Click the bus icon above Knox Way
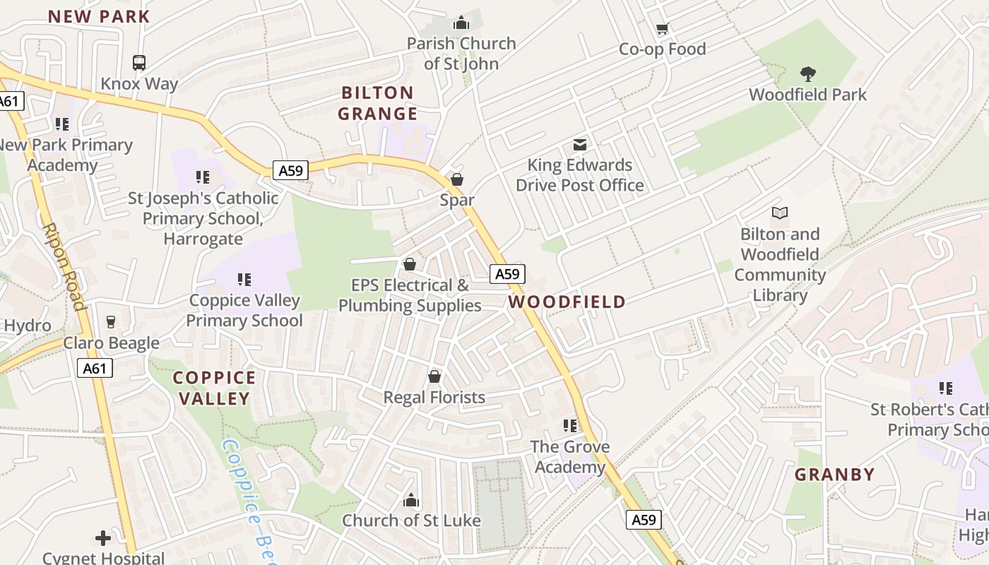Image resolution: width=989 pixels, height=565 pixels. coord(139,63)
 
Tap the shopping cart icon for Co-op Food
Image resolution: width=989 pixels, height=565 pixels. coord(662,29)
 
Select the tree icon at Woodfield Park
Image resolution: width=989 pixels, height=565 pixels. coord(807,73)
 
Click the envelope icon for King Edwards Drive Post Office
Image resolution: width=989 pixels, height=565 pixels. coord(579,145)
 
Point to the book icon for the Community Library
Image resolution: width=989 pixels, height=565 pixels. coord(780,213)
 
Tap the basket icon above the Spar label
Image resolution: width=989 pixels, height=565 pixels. coord(457,179)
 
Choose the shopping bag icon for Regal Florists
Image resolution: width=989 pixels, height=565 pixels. coord(434,376)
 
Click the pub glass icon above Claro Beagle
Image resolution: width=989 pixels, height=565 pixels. coord(111,322)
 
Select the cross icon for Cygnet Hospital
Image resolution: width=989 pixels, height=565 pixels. coord(103,538)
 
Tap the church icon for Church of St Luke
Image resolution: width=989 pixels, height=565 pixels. coord(411,500)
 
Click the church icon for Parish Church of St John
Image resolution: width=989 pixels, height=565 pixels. coord(461,23)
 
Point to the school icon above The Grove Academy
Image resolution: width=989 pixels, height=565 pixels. coord(570,426)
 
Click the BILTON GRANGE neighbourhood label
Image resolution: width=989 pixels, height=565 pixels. coord(377,103)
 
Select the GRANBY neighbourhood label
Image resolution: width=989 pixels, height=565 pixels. coord(834,475)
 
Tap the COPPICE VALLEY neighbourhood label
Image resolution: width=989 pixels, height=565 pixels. coord(214,388)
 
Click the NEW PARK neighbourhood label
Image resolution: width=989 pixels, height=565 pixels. coord(99,16)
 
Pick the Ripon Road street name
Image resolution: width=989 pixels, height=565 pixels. coord(64,267)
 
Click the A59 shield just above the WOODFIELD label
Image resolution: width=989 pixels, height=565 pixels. coord(507,274)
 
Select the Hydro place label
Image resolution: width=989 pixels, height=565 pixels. coord(27,326)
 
